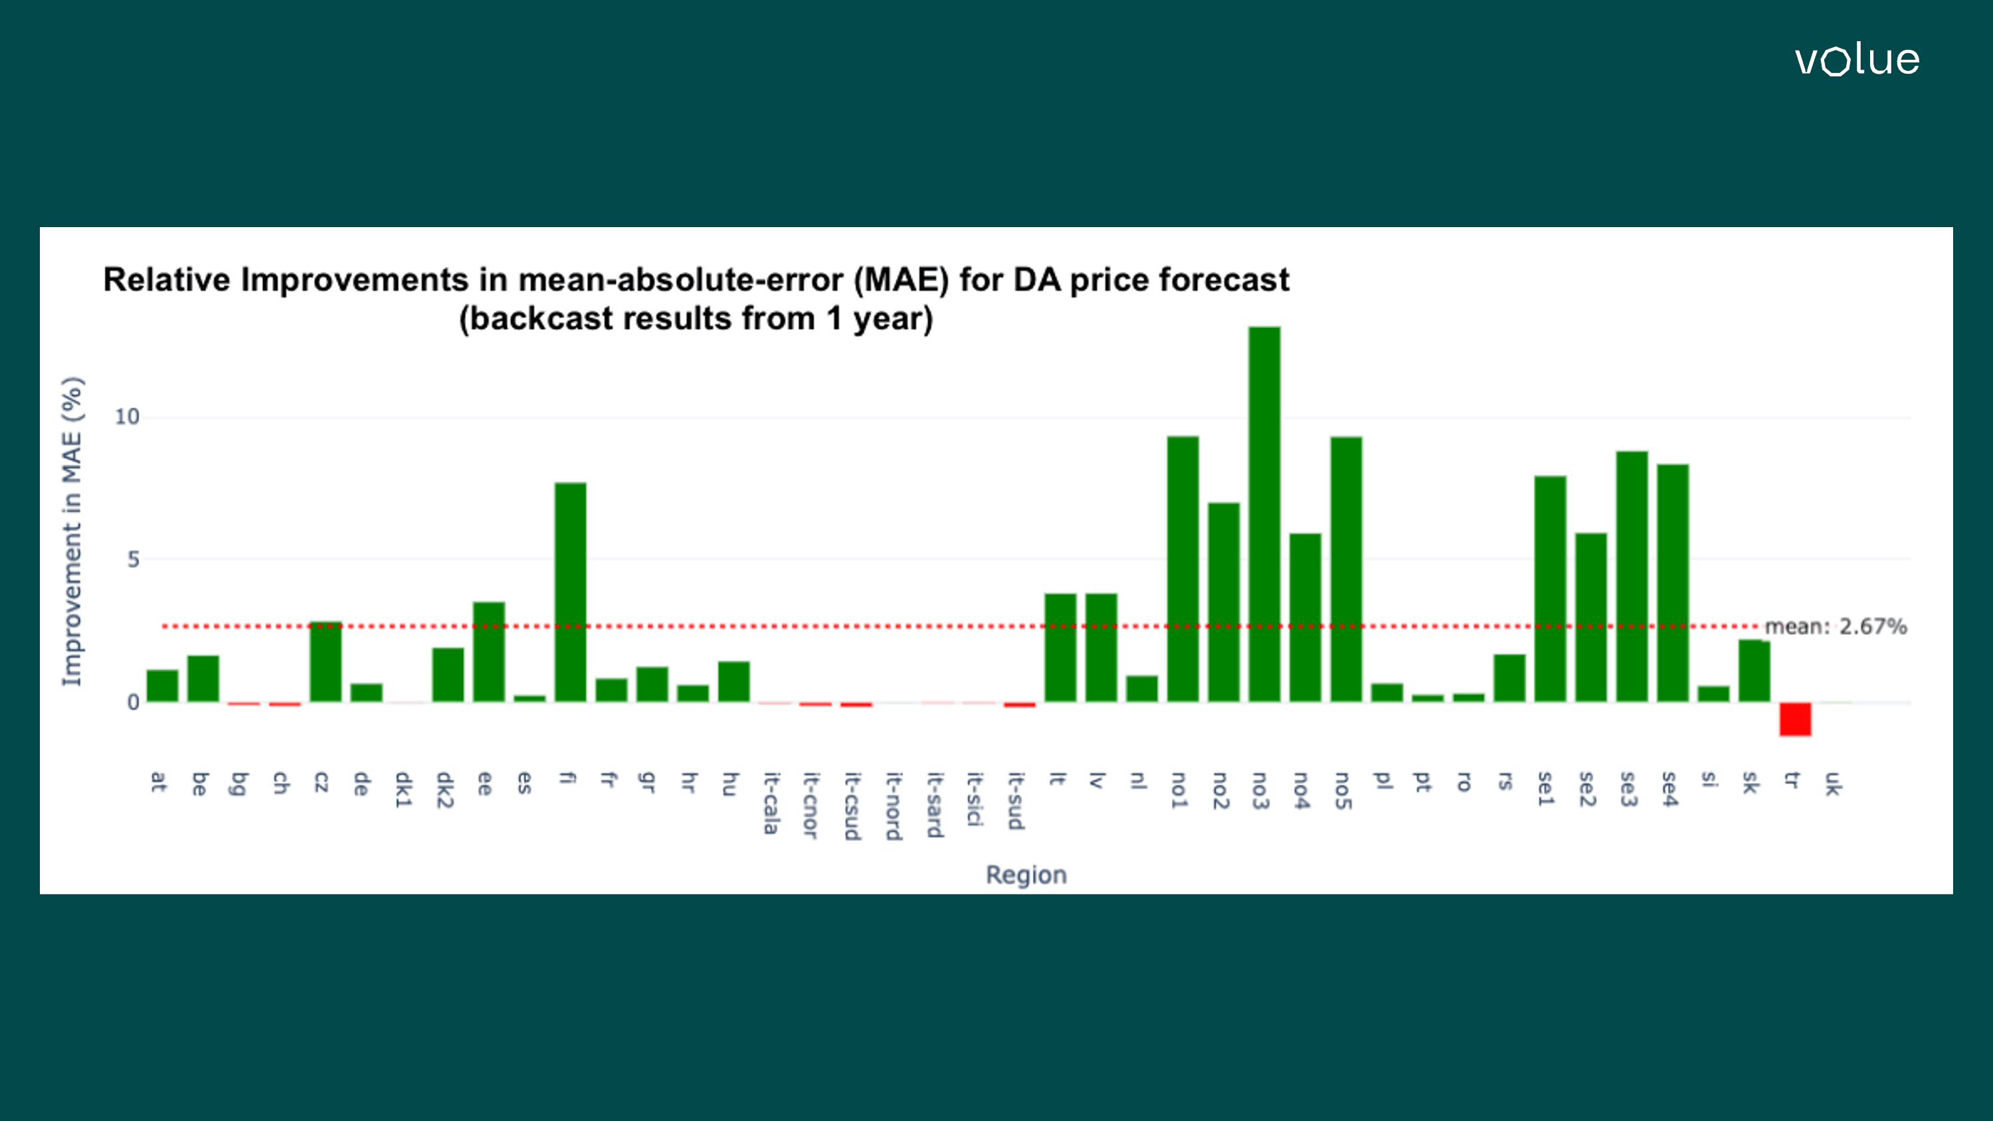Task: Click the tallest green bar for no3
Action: (x=1264, y=515)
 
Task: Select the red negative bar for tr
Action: (x=1795, y=719)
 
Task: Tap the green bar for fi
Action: (x=570, y=592)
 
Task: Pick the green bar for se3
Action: (x=1632, y=576)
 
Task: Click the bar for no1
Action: (x=1183, y=568)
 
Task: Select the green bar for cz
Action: (x=325, y=661)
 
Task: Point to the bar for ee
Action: (x=489, y=651)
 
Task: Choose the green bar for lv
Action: (x=1101, y=647)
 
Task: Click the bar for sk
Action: (x=1754, y=671)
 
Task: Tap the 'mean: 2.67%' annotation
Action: (x=1835, y=627)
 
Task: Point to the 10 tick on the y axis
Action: (x=127, y=417)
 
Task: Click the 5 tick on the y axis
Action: (x=133, y=559)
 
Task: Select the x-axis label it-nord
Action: (x=894, y=806)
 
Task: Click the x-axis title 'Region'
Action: (x=1026, y=875)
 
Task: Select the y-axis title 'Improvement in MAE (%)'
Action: (x=72, y=531)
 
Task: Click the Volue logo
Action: (x=1857, y=60)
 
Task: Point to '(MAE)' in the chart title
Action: (x=902, y=280)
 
